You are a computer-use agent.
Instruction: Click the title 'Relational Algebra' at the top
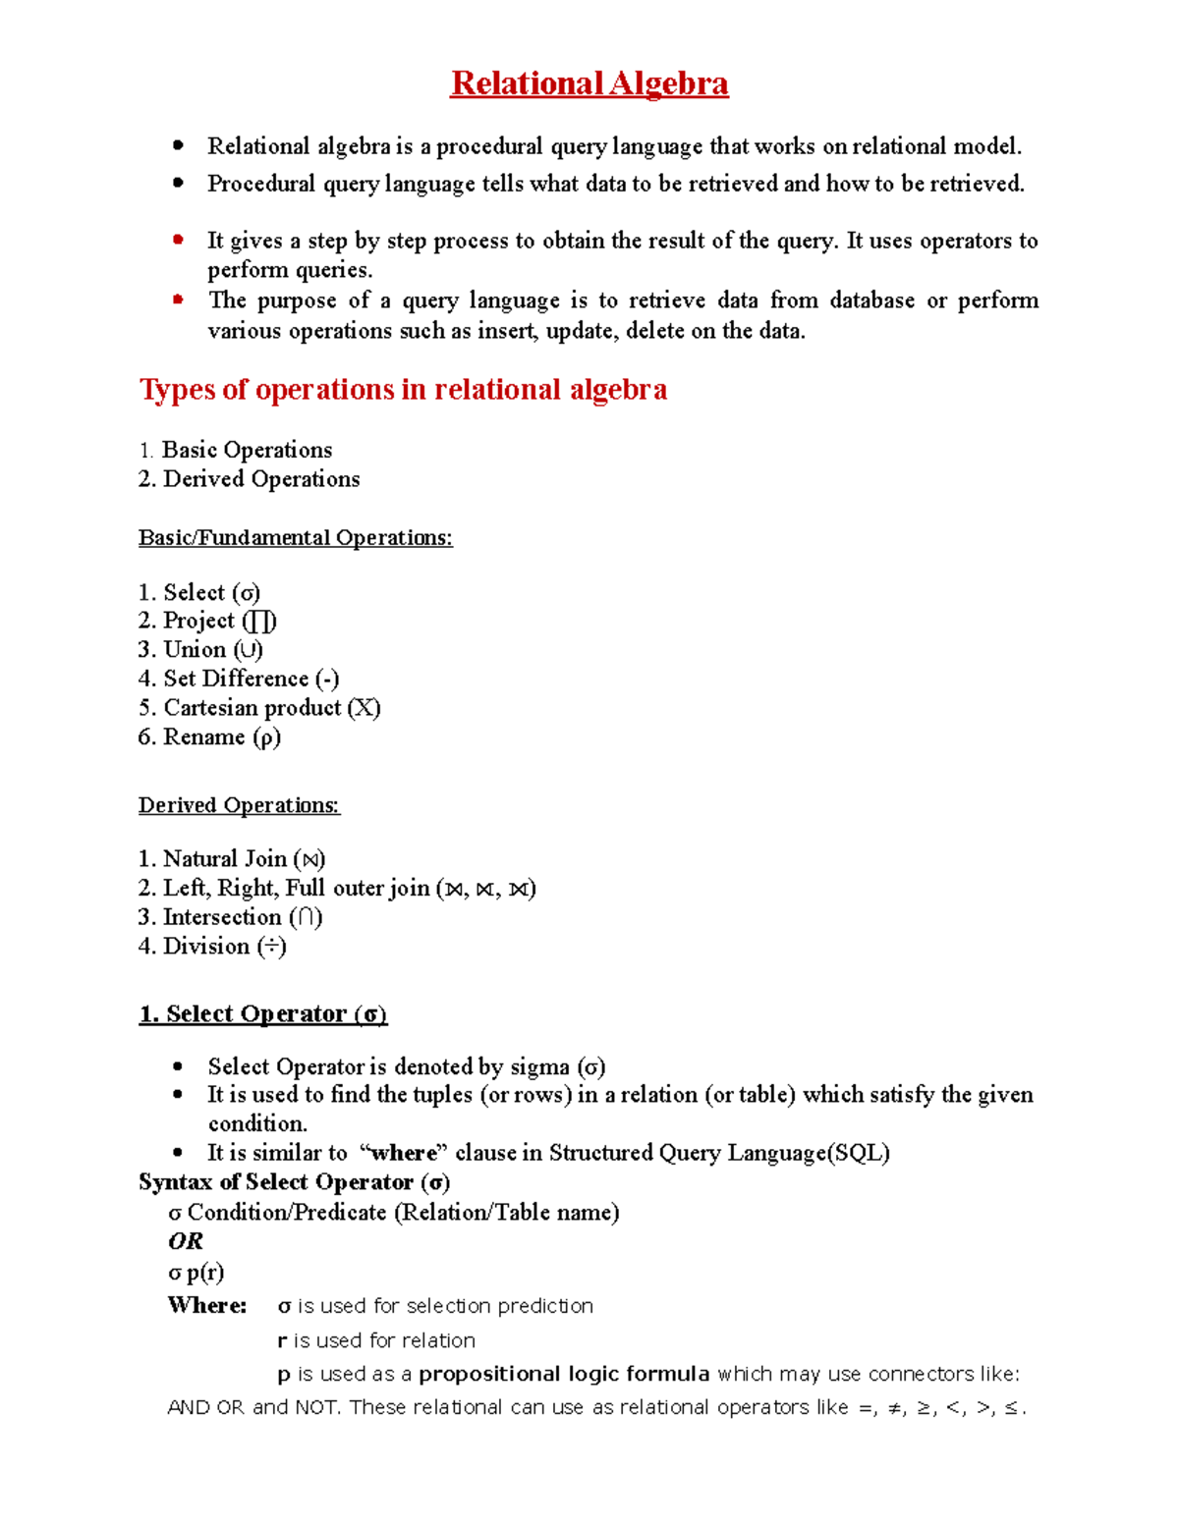click(589, 83)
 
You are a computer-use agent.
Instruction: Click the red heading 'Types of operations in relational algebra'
click(403, 390)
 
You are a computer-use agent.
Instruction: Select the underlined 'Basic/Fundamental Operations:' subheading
click(295, 538)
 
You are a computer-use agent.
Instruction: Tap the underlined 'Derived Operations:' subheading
click(239, 805)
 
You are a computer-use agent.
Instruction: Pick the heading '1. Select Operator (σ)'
click(263, 1014)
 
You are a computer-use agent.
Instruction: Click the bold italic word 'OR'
click(186, 1241)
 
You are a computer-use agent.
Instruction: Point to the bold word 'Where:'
click(207, 1306)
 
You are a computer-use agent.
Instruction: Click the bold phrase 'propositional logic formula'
click(564, 1374)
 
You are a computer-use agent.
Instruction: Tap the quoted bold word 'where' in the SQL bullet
click(403, 1153)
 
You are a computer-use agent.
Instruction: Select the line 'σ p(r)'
click(196, 1273)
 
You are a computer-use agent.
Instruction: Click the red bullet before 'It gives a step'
click(178, 240)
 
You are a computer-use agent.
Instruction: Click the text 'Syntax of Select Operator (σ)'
click(295, 1182)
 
